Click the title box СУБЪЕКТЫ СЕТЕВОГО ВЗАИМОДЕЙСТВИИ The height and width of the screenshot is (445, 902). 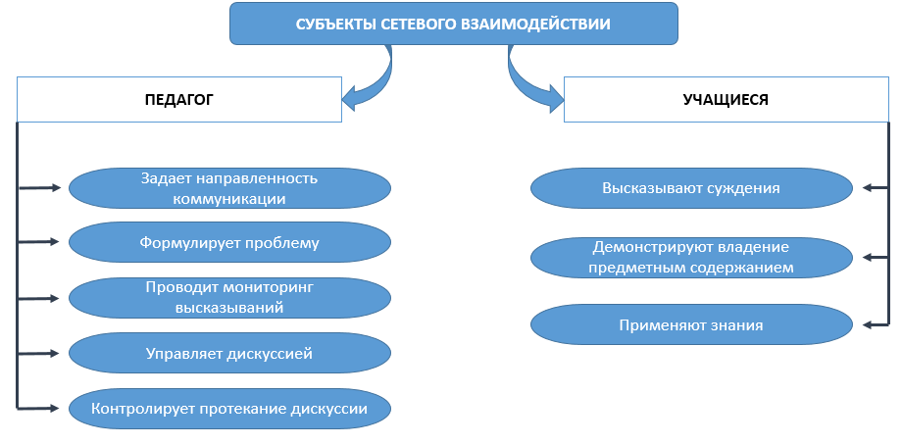[453, 25]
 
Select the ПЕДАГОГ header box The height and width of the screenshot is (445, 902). [179, 100]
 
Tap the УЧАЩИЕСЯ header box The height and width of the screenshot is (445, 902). [726, 100]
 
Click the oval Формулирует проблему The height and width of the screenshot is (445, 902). [229, 241]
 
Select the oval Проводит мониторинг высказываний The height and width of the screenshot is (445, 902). [229, 297]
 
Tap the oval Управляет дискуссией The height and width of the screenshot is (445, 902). [229, 352]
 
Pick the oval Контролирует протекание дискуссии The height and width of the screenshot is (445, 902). [229, 408]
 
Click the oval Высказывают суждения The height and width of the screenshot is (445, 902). [691, 188]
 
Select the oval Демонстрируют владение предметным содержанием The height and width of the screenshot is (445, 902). [691, 257]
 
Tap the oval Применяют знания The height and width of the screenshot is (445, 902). [691, 324]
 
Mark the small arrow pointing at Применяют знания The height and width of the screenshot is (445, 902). [876, 324]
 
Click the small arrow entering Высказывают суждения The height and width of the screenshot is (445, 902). [876, 188]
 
